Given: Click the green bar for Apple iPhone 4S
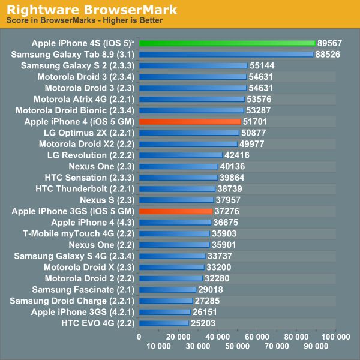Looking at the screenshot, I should click(227, 43).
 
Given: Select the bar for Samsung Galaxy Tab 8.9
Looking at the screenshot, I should click(226, 54).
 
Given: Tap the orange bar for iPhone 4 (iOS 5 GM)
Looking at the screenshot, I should click(190, 121).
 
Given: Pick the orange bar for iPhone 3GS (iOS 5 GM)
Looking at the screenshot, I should click(175, 211).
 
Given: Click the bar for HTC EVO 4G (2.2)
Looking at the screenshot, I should click(163, 323).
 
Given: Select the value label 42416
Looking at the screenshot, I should click(238, 155).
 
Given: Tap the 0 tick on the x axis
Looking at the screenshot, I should click(139, 338).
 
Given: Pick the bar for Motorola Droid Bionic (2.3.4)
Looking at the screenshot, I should click(191, 110).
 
